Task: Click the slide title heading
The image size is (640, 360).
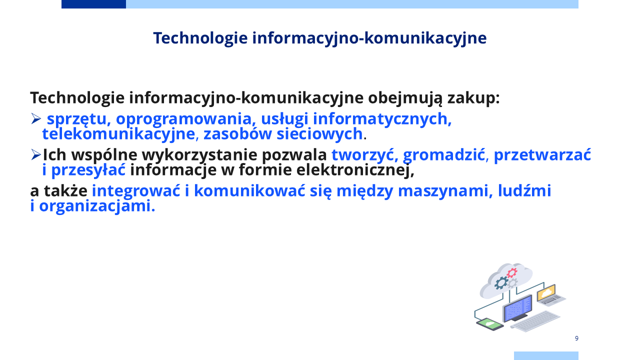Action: coord(319,38)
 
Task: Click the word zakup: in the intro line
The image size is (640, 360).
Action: coord(473,98)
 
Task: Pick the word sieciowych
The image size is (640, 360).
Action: coord(319,133)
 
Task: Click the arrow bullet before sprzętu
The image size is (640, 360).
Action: coord(35,118)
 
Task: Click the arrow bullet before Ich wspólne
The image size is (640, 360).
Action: coord(35,154)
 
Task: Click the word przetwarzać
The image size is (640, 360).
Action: coord(542,155)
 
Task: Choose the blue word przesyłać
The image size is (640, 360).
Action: coord(88,170)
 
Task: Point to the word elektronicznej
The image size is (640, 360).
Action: coord(355,169)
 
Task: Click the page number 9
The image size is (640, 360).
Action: coord(576,338)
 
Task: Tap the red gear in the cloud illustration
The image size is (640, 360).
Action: coord(511,273)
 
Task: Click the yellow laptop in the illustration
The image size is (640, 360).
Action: coord(550,295)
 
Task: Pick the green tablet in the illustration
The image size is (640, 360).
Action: coord(489,324)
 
